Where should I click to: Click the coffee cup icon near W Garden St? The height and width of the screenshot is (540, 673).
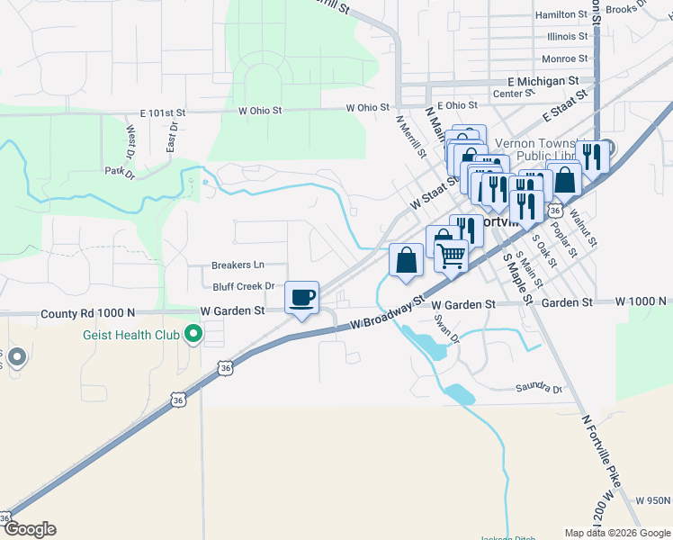301,296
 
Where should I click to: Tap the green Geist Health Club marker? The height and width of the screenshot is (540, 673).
193,336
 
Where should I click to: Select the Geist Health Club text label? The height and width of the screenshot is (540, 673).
121,337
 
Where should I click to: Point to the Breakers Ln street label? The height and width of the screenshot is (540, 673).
238,265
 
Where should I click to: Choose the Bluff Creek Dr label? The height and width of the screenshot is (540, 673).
243,286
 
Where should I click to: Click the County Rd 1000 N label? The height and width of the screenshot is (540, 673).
88,314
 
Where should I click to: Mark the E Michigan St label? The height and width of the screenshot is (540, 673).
542,81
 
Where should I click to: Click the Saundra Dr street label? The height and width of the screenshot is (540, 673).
538,389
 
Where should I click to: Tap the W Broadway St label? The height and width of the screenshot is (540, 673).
387,313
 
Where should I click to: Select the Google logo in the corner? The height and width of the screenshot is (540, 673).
30,529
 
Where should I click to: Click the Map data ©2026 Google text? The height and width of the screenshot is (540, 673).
615,533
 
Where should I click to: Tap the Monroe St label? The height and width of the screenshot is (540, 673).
564,59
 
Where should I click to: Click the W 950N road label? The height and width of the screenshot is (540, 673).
653,500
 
